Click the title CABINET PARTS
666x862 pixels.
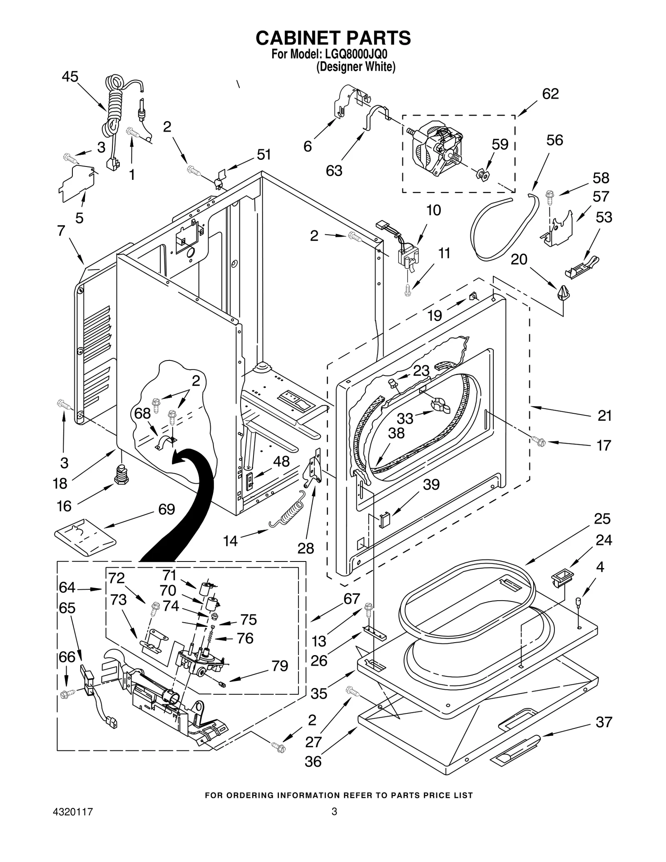tap(333, 38)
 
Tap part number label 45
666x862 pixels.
tap(70, 77)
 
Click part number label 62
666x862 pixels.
tap(550, 94)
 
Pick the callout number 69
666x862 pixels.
tap(166, 509)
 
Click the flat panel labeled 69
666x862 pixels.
tap(85, 537)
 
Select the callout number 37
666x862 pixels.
tap(603, 722)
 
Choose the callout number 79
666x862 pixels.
tap(280, 666)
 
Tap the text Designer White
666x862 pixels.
tap(355, 67)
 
